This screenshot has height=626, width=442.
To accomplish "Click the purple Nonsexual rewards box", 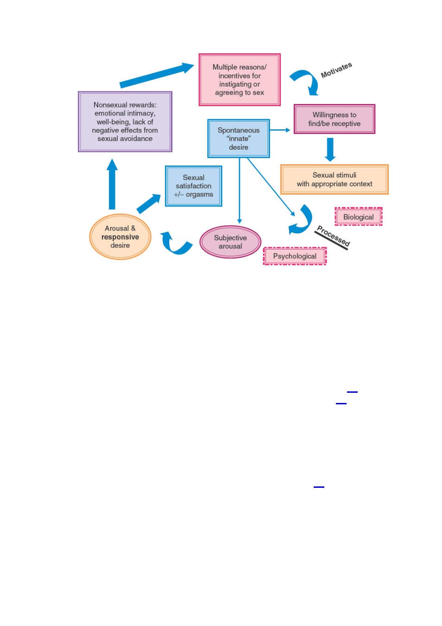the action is pyautogui.click(x=125, y=121).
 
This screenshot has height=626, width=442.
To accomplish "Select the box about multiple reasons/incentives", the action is pyautogui.click(x=239, y=80).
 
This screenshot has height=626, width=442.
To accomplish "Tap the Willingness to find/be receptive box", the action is pyautogui.click(x=334, y=119).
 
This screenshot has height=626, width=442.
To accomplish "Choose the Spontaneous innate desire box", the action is pyautogui.click(x=239, y=139).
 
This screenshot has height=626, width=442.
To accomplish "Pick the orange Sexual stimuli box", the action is pyautogui.click(x=334, y=179).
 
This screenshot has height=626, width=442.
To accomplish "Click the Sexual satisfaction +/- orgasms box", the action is pyautogui.click(x=194, y=186).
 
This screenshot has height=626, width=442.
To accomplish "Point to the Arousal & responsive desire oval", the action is pyautogui.click(x=120, y=236).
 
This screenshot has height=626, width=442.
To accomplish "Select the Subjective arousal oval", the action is pyautogui.click(x=230, y=242).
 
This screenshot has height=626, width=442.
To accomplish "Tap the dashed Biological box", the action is pyautogui.click(x=359, y=217).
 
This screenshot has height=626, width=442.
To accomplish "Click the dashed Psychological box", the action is pyautogui.click(x=295, y=256).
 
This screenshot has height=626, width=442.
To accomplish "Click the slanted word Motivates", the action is pyautogui.click(x=336, y=70).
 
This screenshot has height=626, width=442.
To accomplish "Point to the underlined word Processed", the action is pyautogui.click(x=333, y=236).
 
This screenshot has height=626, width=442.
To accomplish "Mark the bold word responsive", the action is pyautogui.click(x=120, y=237).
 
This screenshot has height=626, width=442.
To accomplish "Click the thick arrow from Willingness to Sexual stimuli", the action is pyautogui.click(x=330, y=149).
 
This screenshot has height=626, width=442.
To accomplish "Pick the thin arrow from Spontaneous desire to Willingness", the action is pyautogui.click(x=280, y=130).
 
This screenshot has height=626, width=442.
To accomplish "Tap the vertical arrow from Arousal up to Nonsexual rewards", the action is pyautogui.click(x=112, y=184).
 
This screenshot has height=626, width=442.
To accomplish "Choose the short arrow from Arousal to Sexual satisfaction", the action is pyautogui.click(x=149, y=204).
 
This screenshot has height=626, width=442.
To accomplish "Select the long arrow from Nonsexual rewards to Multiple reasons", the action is pyautogui.click(x=157, y=75).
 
